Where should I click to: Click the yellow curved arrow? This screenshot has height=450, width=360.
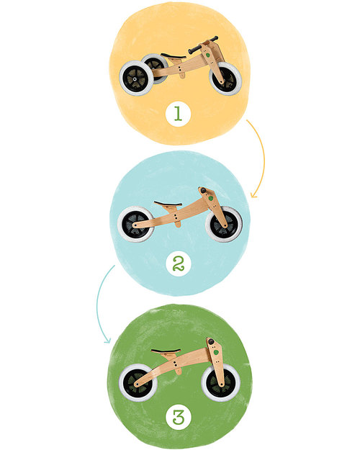click(x=258, y=155)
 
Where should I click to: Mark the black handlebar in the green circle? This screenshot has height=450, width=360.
click(x=211, y=341)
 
